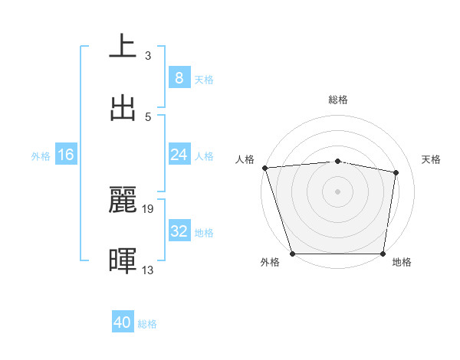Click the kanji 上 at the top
click(123, 46)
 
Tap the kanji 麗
click(123, 200)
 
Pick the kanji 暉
click(123, 260)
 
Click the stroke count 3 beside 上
click(148, 55)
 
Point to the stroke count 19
click(149, 208)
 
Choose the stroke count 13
click(149, 270)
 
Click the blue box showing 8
click(179, 78)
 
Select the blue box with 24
click(179, 155)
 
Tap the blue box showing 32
click(179, 231)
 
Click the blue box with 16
click(66, 155)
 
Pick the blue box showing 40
click(123, 322)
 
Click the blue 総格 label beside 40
click(147, 324)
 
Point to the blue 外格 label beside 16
click(41, 156)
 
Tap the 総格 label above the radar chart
click(338, 100)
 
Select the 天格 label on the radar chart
click(432, 159)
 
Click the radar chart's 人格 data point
click(264, 168)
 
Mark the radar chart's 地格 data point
click(383, 254)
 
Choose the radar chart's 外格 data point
click(293, 254)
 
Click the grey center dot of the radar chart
click(338, 191)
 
